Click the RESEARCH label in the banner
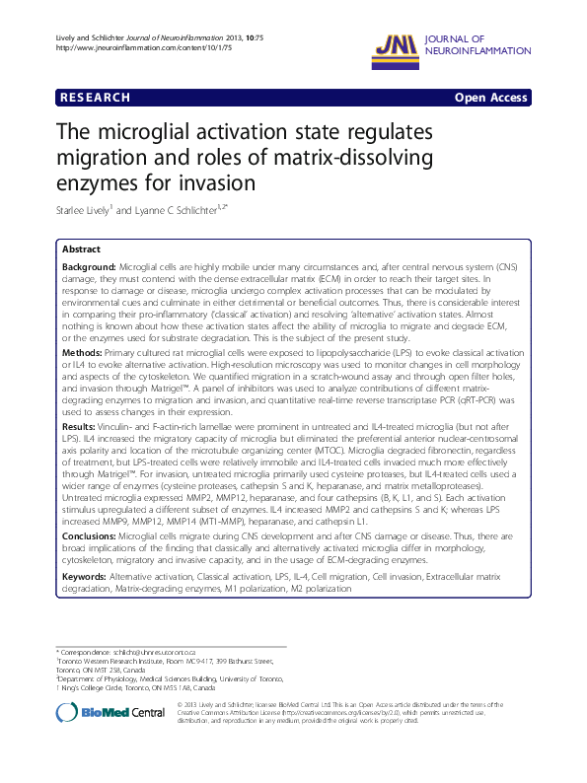click(x=94, y=98)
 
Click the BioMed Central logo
click(x=110, y=711)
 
